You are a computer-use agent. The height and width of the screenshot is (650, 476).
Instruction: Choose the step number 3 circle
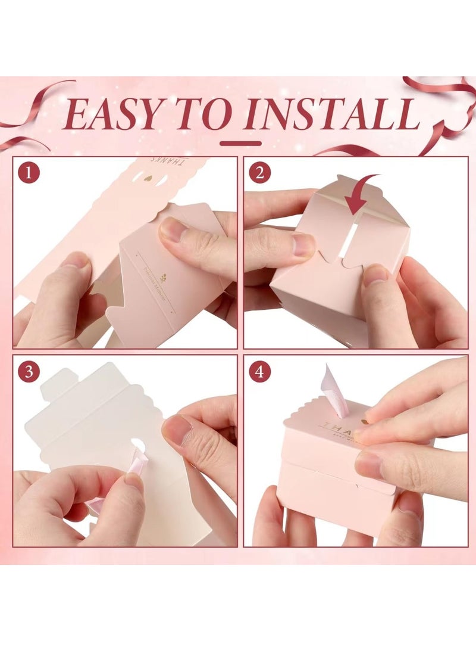point(28,372)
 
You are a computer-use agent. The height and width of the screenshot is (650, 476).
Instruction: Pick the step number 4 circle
point(259,372)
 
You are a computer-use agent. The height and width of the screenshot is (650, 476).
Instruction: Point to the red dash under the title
point(240,144)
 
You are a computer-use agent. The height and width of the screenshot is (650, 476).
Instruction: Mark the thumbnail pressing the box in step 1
point(173,229)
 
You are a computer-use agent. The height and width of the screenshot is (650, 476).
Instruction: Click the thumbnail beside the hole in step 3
point(177,430)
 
